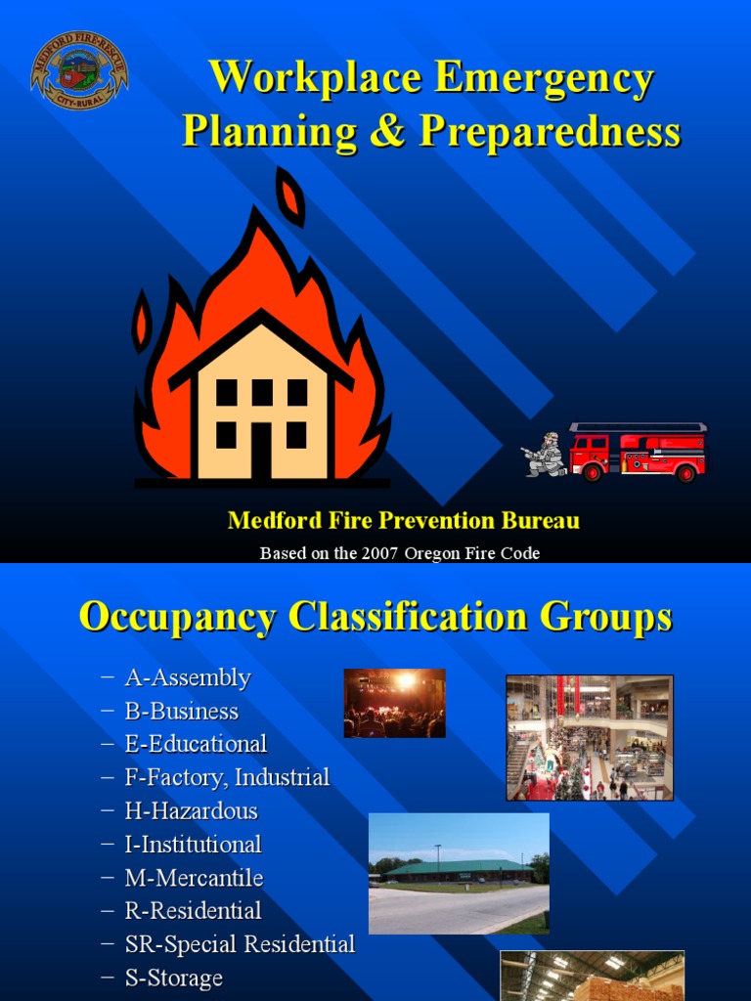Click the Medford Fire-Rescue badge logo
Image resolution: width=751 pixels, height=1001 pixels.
[x=79, y=70]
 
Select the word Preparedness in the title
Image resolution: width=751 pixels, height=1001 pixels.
[x=550, y=131]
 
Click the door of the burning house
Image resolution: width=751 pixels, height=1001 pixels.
[x=261, y=451]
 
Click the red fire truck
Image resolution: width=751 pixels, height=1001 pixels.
[x=639, y=453]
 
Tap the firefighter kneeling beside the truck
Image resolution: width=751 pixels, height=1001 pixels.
[x=546, y=456]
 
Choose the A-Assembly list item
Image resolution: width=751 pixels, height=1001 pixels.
[x=188, y=677]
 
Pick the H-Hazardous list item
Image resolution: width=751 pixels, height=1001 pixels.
[x=191, y=811]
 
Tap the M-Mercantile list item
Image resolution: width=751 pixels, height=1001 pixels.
[x=194, y=878]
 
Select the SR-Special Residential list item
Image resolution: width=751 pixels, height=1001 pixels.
[x=240, y=944]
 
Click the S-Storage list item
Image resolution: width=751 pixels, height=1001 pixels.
[x=173, y=978]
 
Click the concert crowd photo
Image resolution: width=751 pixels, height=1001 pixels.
[x=394, y=703]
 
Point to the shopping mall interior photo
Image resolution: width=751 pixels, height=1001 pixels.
[x=589, y=738]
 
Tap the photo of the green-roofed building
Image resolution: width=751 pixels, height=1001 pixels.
[x=459, y=873]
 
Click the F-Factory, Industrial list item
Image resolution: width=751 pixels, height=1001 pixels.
[x=227, y=778]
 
